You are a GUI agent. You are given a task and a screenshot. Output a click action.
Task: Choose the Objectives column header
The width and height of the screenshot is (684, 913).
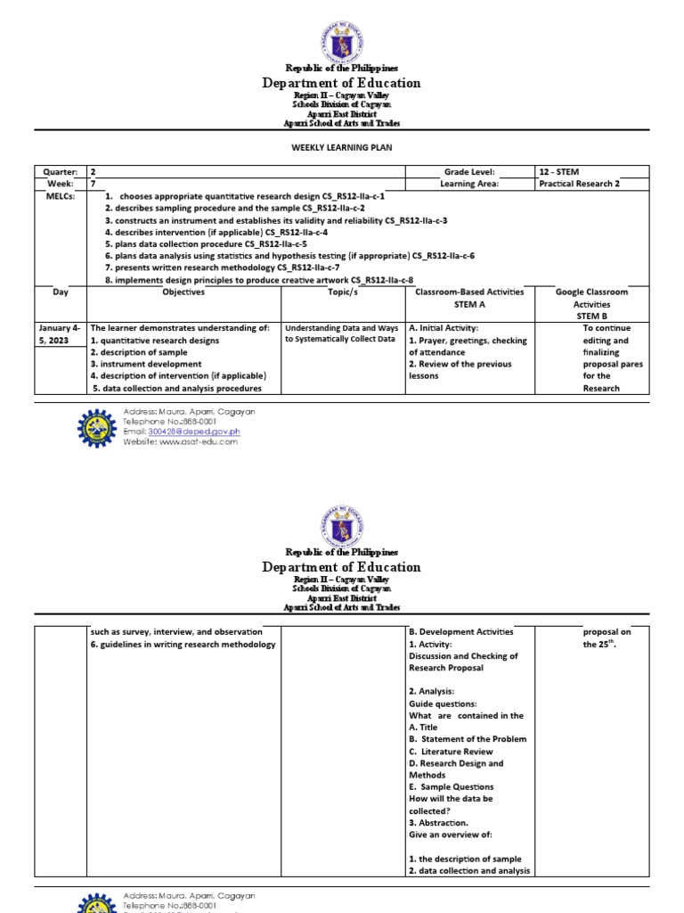coord(183,292)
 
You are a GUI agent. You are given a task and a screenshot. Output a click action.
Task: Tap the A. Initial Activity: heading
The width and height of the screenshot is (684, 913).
coord(444,328)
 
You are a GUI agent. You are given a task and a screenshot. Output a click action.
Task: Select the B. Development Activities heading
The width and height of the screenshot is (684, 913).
coord(460,632)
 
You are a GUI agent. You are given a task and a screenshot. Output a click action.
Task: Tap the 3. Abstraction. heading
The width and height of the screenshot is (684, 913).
coord(439,823)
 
